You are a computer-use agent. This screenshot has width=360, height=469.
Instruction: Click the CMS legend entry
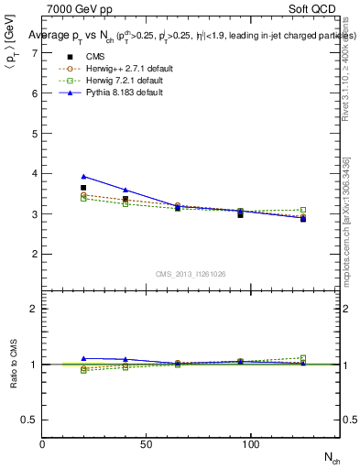[x=90, y=55]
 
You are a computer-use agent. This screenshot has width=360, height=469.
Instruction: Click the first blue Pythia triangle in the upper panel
[x=83, y=176]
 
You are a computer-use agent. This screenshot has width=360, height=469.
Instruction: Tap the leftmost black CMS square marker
[x=83, y=188]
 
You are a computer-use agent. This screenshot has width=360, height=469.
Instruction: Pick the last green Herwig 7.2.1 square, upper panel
[x=303, y=210]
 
